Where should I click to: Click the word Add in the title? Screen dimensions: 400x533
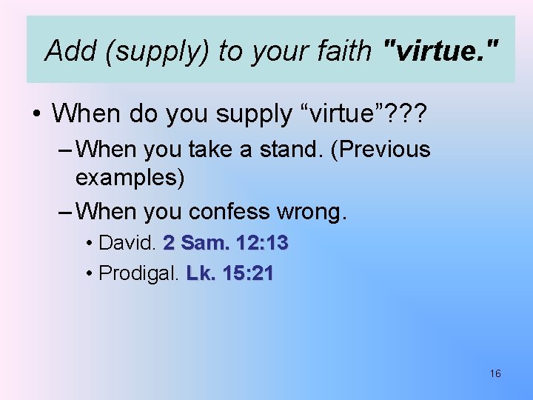tap(70, 50)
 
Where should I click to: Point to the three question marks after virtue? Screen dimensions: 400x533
tap(411, 113)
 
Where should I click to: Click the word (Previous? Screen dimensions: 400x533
tap(381, 150)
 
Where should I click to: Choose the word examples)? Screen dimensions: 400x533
tap(130, 178)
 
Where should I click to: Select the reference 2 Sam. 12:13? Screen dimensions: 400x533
tap(226, 243)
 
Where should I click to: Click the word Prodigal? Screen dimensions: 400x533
tap(138, 273)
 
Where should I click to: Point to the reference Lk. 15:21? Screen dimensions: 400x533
tap(230, 273)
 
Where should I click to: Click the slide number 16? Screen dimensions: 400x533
tap(495, 373)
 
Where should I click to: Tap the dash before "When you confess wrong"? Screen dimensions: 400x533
tap(64, 212)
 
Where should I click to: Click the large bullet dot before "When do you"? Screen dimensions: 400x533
tap(36, 115)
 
